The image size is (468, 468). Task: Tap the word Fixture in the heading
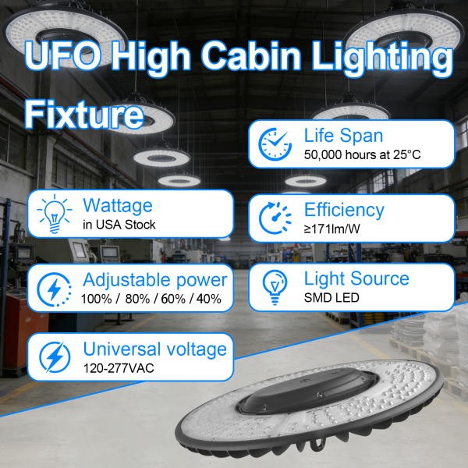[x=84, y=115]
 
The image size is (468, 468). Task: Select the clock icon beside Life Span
[x=274, y=144]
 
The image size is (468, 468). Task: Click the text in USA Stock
[x=119, y=225]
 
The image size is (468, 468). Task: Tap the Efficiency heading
[x=344, y=209]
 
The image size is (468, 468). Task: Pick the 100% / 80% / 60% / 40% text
[x=151, y=299]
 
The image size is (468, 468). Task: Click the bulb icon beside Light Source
[x=274, y=287]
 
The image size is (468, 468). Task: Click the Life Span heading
[x=343, y=136]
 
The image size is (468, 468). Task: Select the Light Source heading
[x=356, y=278]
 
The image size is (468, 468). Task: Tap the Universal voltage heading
[x=154, y=349]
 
